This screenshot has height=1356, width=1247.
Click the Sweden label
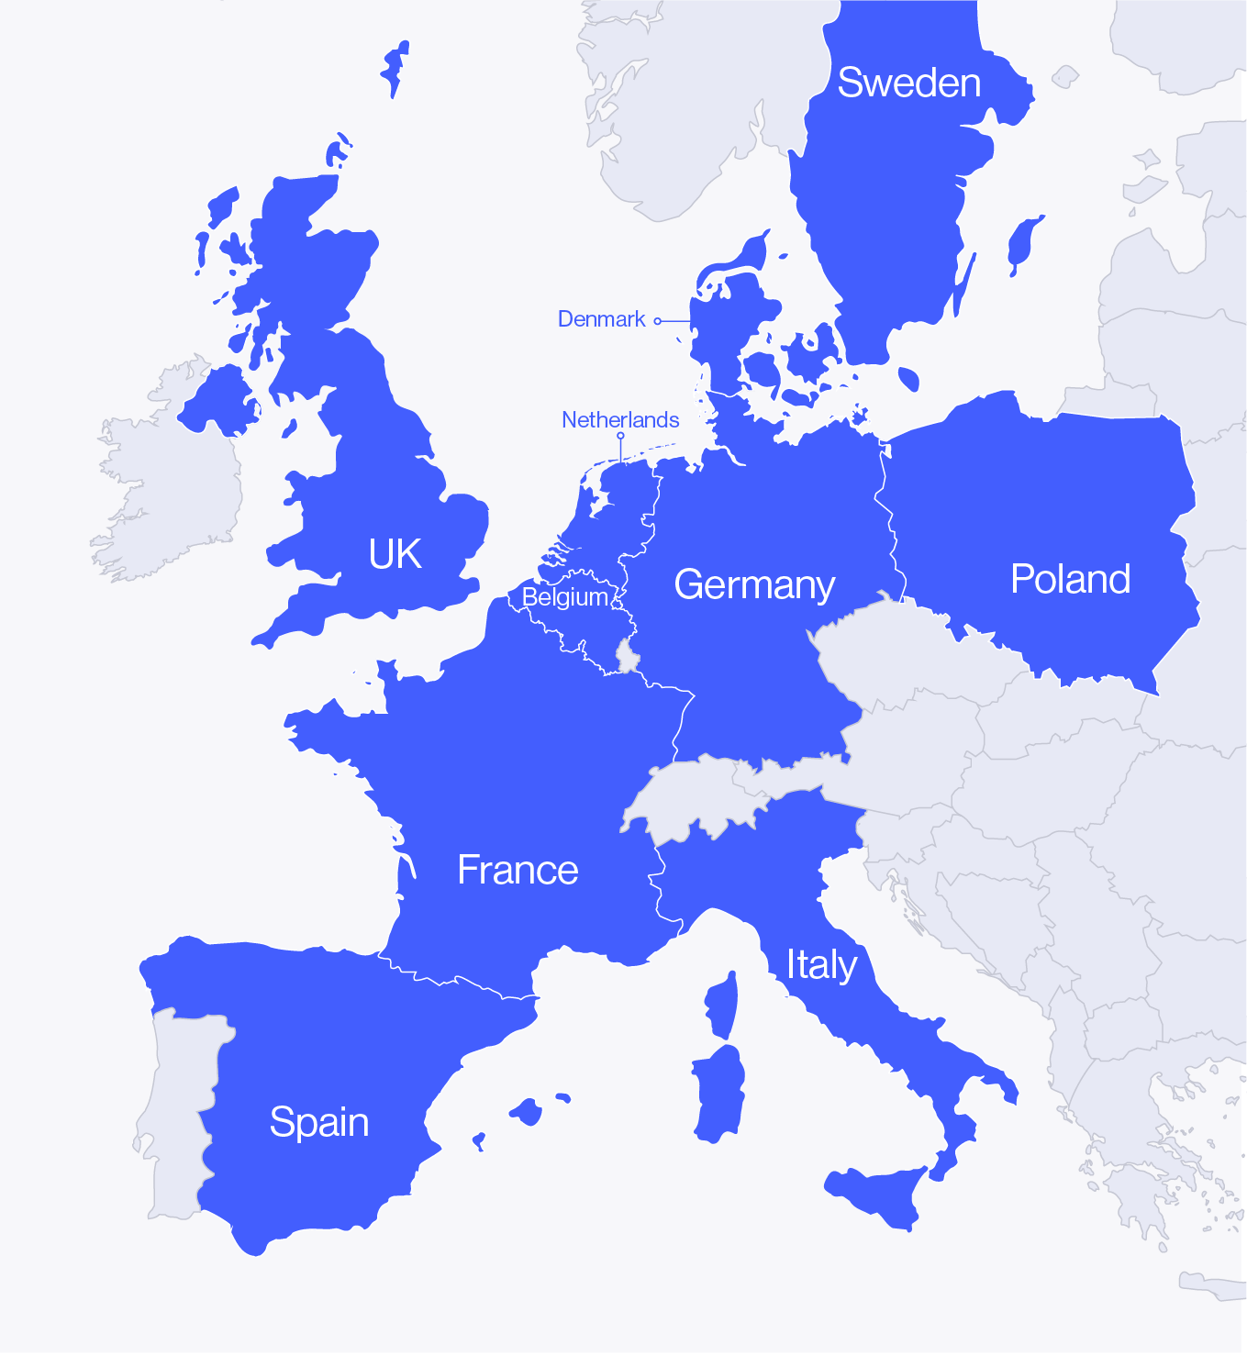pos(908,83)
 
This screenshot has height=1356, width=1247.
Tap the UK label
pos(395,554)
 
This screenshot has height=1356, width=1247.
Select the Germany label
pos(754,584)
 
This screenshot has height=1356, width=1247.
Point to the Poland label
pos(1070,579)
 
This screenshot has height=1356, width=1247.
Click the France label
pos(518,870)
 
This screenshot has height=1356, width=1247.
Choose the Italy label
pos(821,964)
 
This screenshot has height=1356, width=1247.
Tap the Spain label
pos(319,1122)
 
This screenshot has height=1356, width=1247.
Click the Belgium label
pos(564,597)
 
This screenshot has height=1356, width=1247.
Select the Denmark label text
pos(601,319)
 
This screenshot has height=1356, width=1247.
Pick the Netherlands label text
pos(620,420)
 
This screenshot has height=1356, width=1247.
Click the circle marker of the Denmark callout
pos(657,321)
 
